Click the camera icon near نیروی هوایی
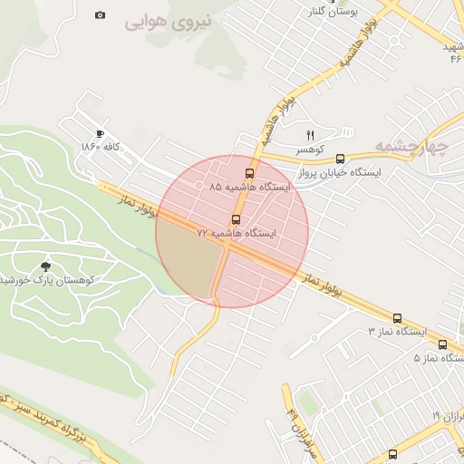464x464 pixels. [100, 15]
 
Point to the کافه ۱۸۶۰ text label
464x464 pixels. [101, 146]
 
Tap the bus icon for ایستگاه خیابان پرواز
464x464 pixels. [340, 159]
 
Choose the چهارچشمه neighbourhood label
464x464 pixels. [436, 146]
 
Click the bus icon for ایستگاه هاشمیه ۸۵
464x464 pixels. [249, 173]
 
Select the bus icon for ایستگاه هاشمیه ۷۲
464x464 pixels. [237, 219]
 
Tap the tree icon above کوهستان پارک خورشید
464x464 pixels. [46, 266]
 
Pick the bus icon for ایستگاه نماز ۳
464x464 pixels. [397, 318]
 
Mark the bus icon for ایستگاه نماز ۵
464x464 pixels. [442, 344]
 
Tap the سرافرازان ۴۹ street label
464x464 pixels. [293, 418]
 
